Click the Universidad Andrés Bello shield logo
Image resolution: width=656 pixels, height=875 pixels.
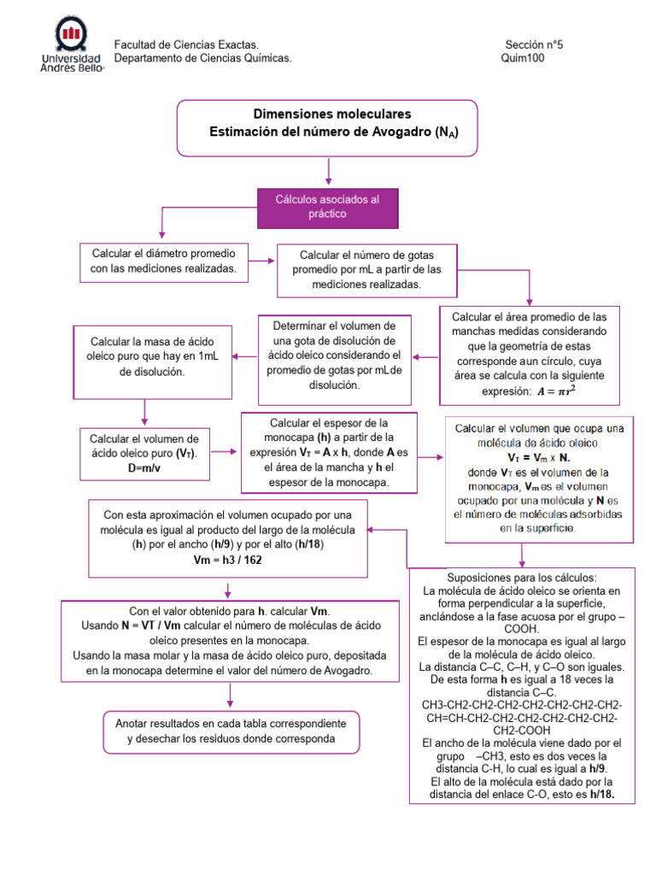(71, 35)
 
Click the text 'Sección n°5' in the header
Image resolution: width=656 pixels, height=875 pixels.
(534, 44)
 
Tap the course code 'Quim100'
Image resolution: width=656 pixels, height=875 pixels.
(522, 58)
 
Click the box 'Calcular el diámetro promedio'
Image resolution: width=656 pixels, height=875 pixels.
(163, 262)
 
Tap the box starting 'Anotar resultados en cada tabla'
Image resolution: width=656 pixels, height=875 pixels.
(225, 731)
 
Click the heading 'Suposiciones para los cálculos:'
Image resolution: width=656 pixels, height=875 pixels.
(521, 578)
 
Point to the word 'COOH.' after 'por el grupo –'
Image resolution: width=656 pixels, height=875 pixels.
(521, 626)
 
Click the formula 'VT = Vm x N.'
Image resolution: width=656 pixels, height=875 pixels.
(539, 457)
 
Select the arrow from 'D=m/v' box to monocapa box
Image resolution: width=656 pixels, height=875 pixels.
(225, 450)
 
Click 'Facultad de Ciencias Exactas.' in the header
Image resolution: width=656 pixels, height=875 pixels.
(186, 44)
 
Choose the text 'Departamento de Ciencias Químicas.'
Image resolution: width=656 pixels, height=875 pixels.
(203, 58)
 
